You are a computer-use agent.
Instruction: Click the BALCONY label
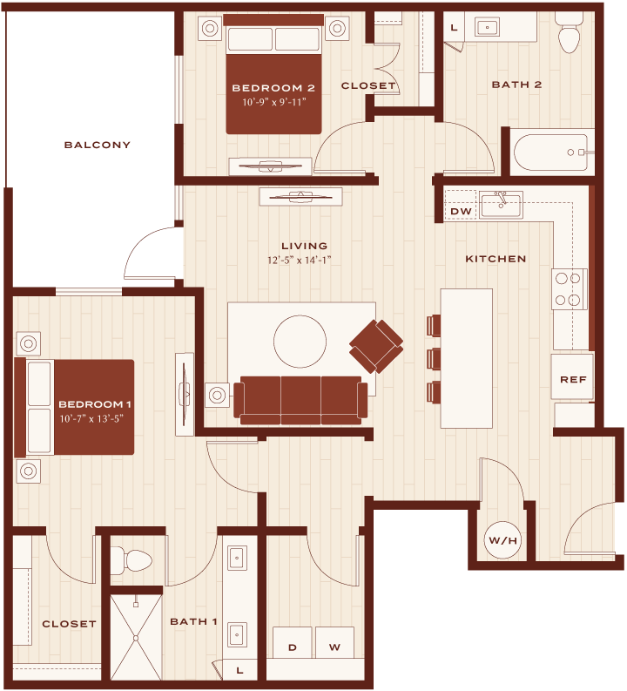(98, 145)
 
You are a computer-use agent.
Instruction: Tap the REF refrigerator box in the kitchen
(572, 376)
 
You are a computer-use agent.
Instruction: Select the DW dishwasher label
(461, 212)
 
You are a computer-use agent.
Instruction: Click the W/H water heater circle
(502, 540)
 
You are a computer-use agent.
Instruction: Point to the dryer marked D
(292, 642)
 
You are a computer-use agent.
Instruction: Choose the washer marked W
(334, 642)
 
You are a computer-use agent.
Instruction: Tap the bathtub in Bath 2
(551, 152)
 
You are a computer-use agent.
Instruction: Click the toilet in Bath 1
(131, 561)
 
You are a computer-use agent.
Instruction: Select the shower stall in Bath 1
(136, 637)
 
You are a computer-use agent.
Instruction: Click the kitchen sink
(501, 205)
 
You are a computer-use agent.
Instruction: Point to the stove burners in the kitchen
(568, 289)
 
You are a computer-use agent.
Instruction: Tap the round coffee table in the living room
(300, 341)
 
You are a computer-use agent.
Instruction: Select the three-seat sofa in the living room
(300, 400)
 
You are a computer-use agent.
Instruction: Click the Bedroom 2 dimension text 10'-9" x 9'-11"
(273, 102)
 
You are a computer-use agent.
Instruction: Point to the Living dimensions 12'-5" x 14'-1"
(299, 260)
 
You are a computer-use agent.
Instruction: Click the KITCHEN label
(496, 259)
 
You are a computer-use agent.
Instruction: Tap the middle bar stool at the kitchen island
(434, 359)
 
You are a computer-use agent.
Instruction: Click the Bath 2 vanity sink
(487, 27)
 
